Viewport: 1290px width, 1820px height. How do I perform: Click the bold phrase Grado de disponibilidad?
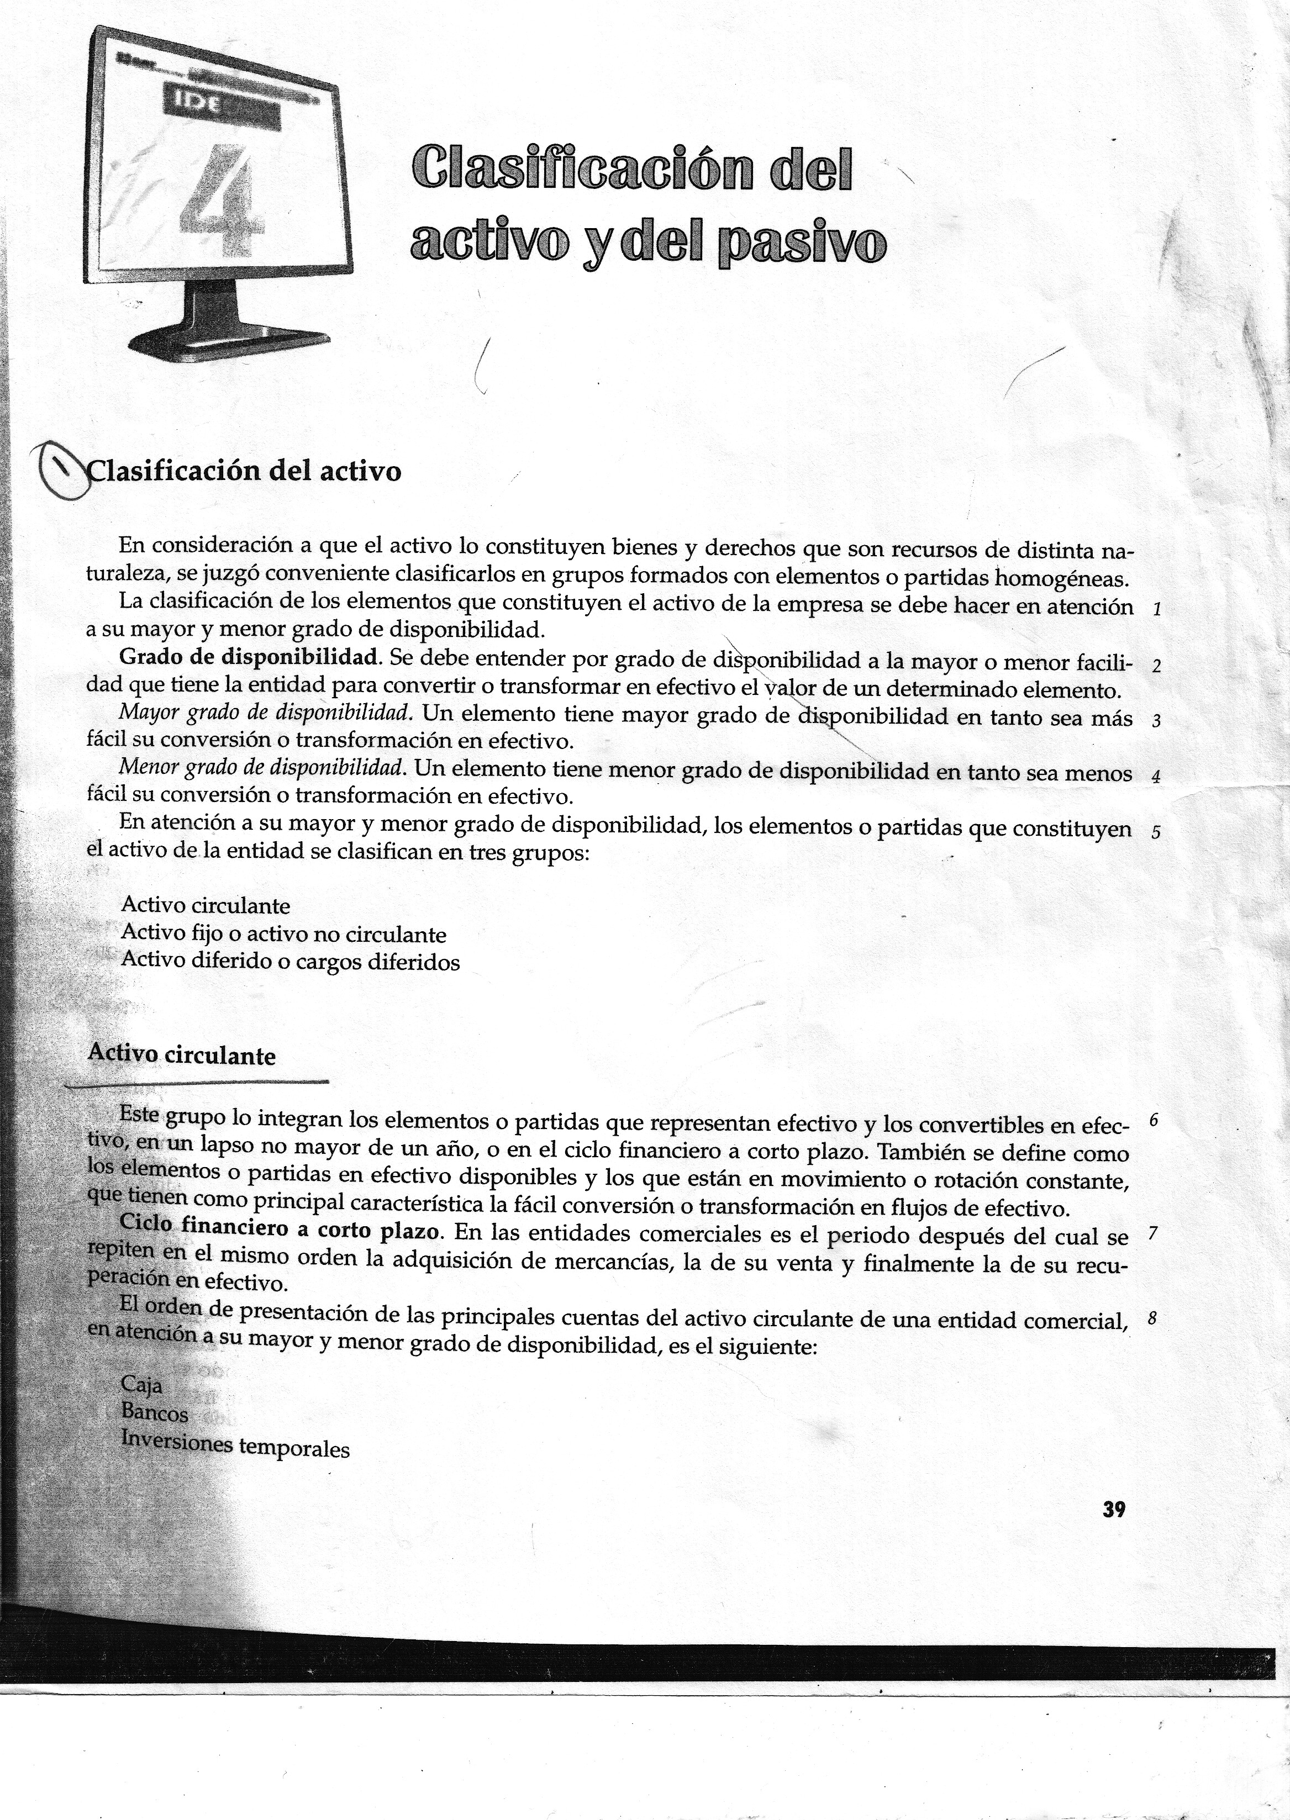tap(248, 658)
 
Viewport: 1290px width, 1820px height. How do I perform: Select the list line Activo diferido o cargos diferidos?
tap(291, 962)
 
